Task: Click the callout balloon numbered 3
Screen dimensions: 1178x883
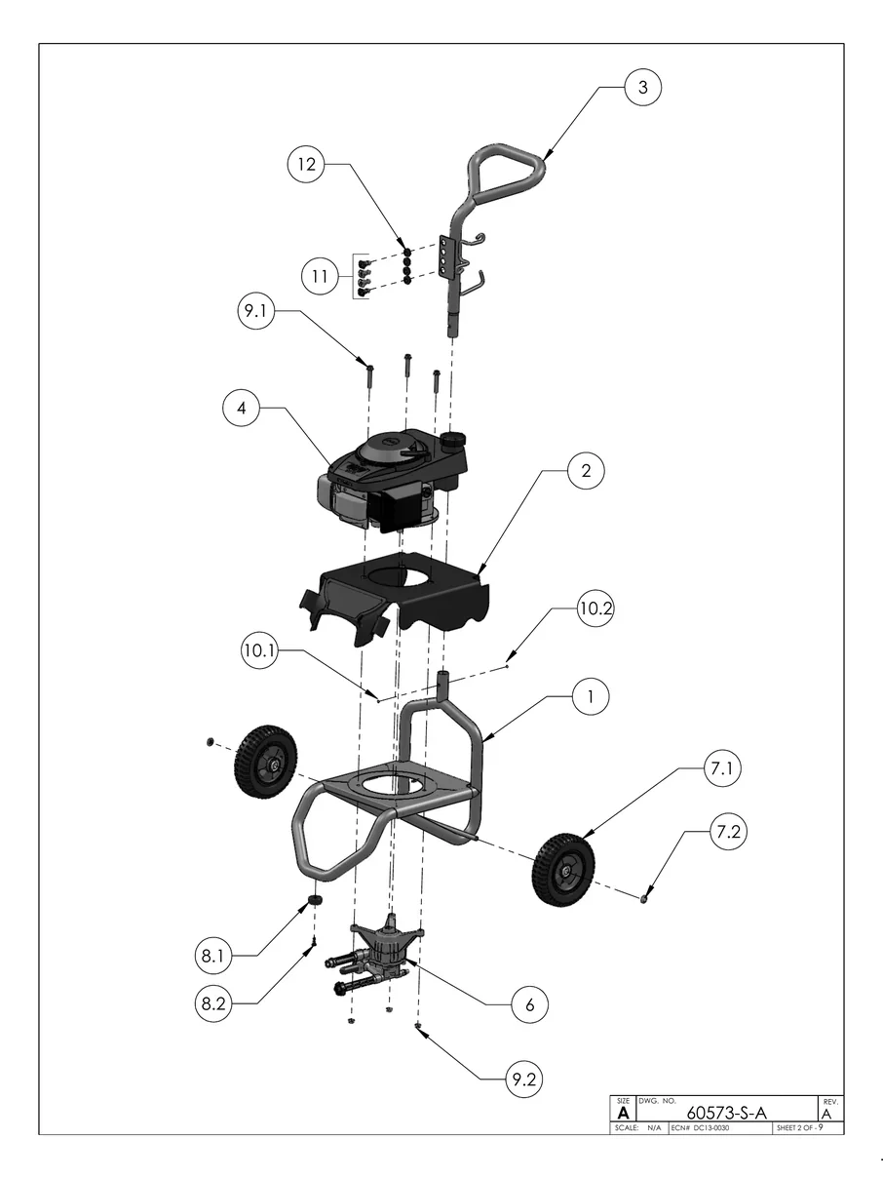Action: click(x=642, y=87)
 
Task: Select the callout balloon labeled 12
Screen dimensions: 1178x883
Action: click(x=307, y=165)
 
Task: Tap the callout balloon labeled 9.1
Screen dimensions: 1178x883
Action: click(x=257, y=312)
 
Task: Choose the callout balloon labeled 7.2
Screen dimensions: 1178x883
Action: click(x=728, y=833)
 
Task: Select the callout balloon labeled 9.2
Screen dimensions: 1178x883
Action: click(x=523, y=1079)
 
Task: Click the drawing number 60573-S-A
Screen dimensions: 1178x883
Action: click(x=726, y=1113)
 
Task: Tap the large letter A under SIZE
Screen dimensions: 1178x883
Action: click(x=623, y=1113)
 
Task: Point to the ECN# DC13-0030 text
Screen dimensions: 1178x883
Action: click(x=700, y=1128)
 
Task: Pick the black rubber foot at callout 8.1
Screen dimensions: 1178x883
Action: click(x=315, y=897)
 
